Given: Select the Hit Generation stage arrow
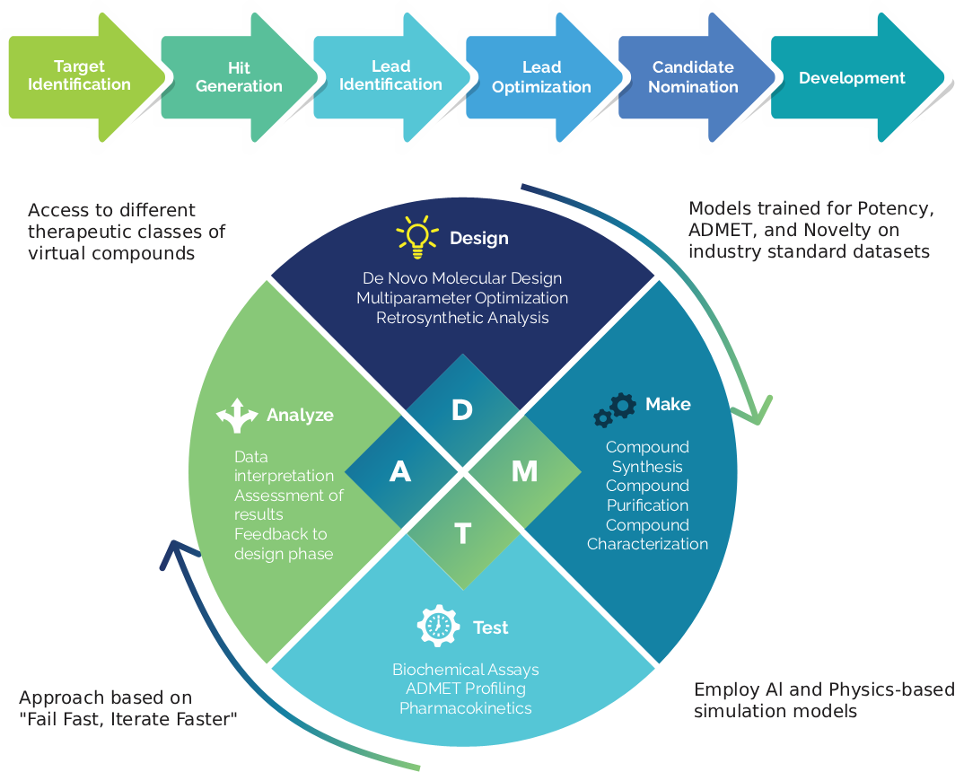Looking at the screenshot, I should point(239,78).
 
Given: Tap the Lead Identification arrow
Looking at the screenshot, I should point(390,76).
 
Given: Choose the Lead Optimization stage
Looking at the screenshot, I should point(541,78).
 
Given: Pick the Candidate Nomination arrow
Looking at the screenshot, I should point(693,78).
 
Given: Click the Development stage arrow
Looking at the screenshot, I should point(852,78).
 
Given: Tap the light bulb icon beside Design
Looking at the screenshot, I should point(417,237).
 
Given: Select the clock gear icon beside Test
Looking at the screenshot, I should point(439,627).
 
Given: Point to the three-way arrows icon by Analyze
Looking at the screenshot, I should point(237,416).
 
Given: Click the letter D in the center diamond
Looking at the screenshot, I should point(461,410).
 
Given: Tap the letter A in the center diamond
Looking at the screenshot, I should point(400,471).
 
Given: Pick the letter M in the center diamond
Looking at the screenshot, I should point(524,471).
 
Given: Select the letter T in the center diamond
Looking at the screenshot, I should point(462,534).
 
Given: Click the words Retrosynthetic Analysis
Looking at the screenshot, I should point(462,318).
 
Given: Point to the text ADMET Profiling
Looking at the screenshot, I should point(465,689).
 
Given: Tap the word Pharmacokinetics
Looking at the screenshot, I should point(465,708).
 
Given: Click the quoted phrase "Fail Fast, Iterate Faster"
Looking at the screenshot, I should point(127,718).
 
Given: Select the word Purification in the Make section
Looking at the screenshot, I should point(647,505).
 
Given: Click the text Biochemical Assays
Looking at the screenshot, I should point(465,670).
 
